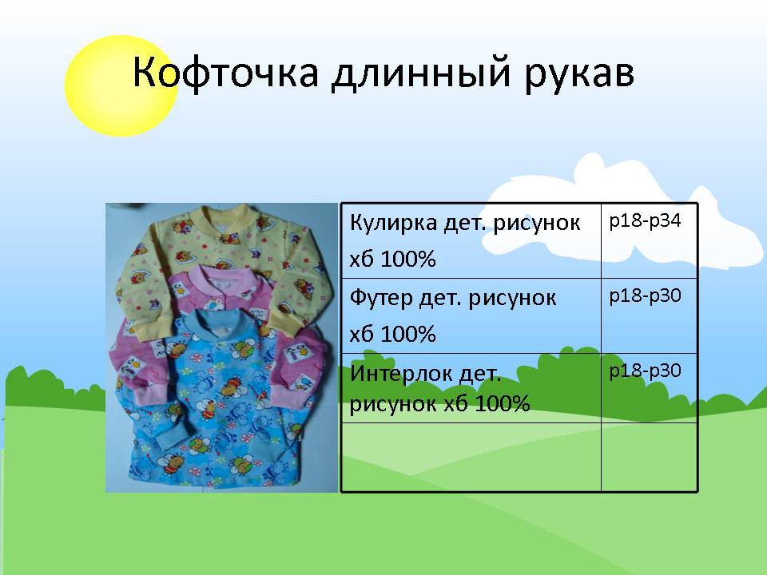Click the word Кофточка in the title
pos(225,73)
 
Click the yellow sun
pos(121,86)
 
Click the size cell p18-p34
pos(646,220)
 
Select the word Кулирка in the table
pos(394,223)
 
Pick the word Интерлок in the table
pos(400,374)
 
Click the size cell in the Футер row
pos(646,295)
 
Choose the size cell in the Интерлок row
pos(646,371)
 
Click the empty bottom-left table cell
pos(471,457)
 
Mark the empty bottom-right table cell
pos(649,457)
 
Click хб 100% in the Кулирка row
pos(393,259)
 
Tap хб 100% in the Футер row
pos(393,334)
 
